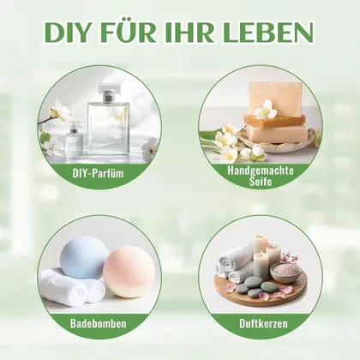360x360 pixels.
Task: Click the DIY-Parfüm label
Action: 98,173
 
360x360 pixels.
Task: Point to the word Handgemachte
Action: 261,171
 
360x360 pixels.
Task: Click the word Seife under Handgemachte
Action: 261,182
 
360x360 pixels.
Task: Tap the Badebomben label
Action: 98,323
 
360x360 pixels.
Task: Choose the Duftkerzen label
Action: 263,323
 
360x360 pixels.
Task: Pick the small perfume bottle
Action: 75,139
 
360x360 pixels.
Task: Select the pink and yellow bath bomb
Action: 129,276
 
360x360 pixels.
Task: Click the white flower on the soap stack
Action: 266,110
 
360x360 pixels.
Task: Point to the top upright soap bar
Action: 275,98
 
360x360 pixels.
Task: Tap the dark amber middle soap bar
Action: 274,121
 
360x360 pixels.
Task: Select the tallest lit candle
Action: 261,245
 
